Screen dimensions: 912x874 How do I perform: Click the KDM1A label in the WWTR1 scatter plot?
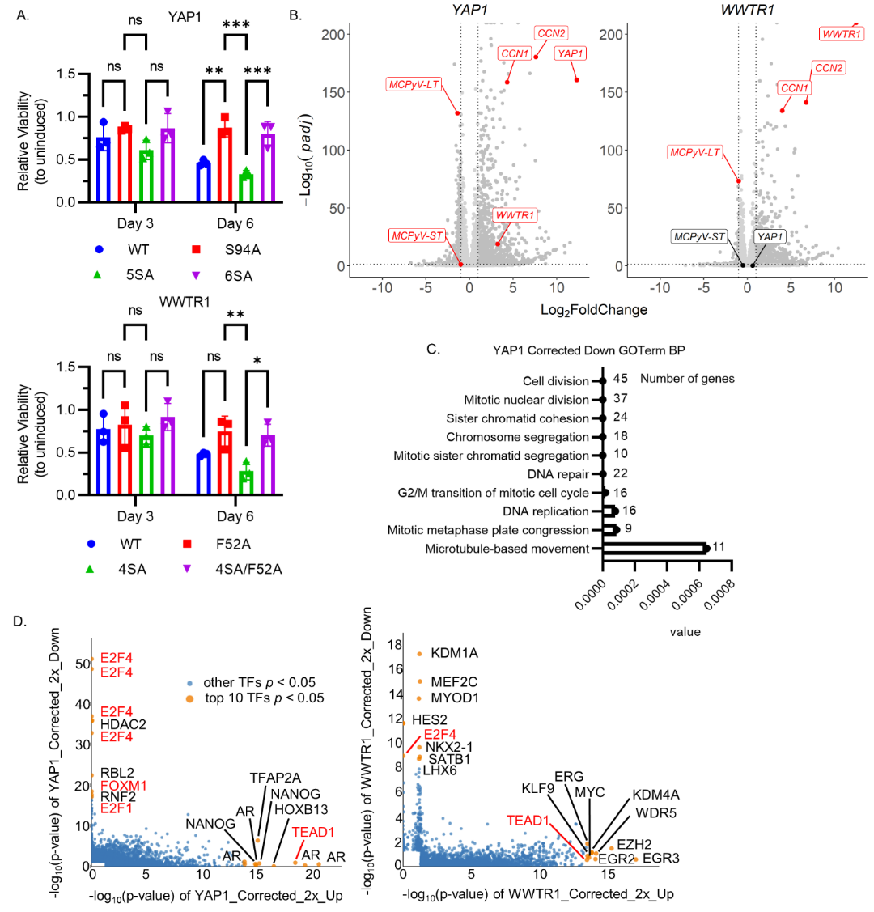pos(454,654)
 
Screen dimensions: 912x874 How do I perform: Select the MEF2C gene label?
pos(453,681)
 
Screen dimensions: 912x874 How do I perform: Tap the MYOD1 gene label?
pos(454,698)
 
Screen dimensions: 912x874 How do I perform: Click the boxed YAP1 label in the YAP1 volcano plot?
pos(571,53)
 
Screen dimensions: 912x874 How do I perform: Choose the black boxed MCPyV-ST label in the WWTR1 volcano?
pos(699,236)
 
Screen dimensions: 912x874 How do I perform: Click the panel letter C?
pos(433,350)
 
